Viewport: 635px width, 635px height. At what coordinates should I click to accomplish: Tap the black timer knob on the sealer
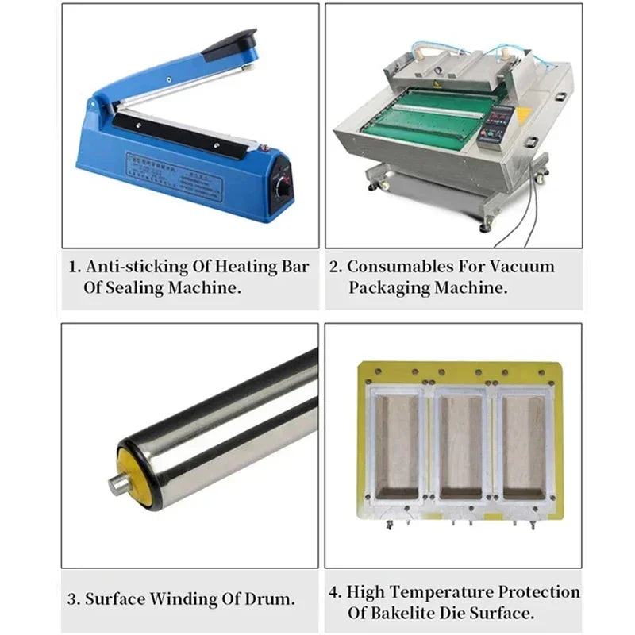[x=283, y=189]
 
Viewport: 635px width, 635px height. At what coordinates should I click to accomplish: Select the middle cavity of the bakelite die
[x=461, y=447]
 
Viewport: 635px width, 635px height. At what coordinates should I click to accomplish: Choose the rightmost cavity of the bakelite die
[x=525, y=447]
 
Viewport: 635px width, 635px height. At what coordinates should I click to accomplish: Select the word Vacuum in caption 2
[x=522, y=267]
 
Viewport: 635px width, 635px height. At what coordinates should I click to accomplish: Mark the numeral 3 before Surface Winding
[x=72, y=599]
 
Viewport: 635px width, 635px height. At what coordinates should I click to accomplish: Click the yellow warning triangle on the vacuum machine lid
[x=437, y=84]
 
